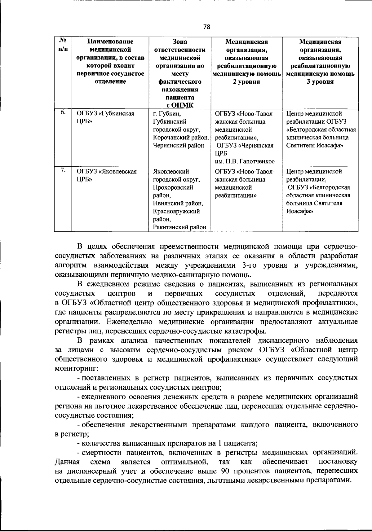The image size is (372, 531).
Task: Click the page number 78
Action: [207, 27]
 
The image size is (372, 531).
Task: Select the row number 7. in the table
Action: [63, 170]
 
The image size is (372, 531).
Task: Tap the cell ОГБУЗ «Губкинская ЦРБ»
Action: [105, 117]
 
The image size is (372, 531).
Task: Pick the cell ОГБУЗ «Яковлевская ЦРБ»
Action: [107, 175]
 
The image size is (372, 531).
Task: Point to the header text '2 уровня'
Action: [246, 82]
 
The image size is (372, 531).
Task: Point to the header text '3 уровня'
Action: [320, 82]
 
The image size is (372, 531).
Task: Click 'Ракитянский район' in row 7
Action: [179, 227]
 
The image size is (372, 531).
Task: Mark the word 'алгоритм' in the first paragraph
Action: [71, 265]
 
